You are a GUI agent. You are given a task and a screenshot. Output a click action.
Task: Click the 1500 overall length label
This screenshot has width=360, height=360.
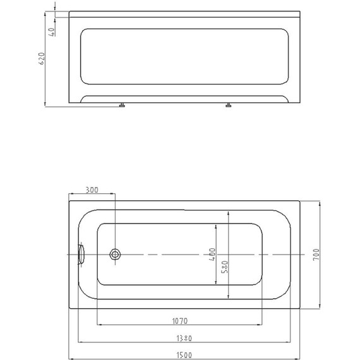pos(183,355)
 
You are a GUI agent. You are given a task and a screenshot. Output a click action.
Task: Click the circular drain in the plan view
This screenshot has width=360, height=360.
pos(115,255)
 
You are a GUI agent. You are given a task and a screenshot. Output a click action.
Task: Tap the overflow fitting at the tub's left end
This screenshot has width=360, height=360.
pos(80,255)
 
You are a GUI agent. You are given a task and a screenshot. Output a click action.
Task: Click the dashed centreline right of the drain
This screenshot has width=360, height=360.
pos(189,255)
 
